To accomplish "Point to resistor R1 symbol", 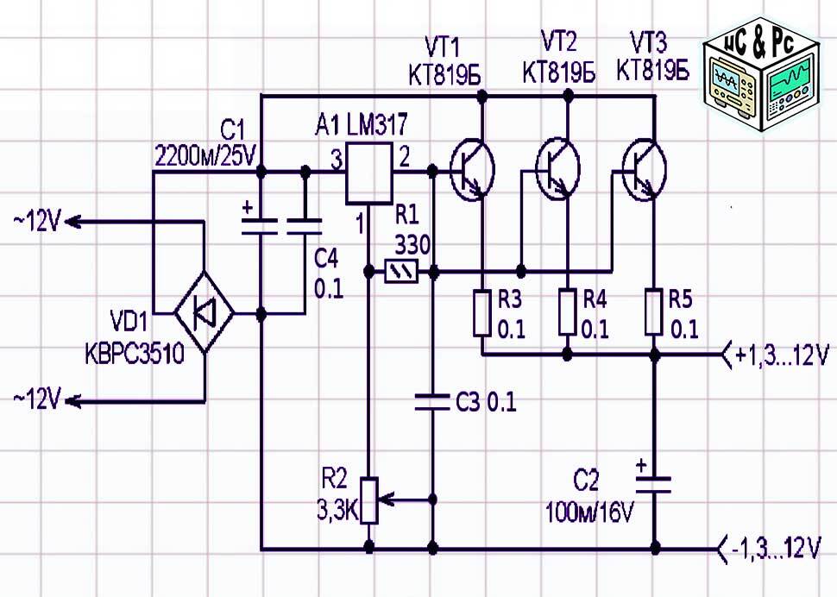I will point(400,273).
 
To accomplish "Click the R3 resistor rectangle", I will point(481,313).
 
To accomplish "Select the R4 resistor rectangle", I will point(566,313).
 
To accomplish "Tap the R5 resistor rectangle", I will point(654,313).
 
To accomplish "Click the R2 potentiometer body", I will point(369,500).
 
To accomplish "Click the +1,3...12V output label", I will point(780,355).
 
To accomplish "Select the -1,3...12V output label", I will point(780,547).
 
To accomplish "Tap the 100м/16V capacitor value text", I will point(589,513).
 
